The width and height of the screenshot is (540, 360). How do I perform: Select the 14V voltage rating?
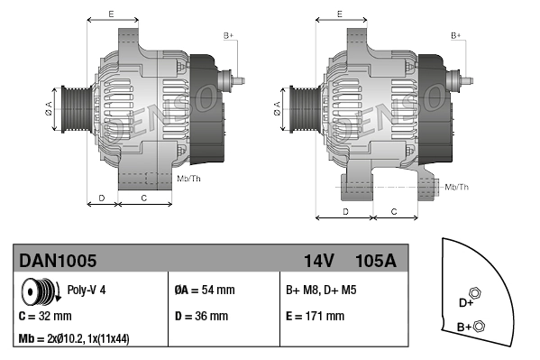click(318, 261)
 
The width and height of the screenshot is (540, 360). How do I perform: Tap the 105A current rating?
click(376, 261)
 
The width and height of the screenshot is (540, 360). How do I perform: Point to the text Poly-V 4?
click(87, 291)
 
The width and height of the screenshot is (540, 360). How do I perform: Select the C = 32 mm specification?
click(46, 317)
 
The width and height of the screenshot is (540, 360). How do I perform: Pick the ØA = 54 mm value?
click(204, 291)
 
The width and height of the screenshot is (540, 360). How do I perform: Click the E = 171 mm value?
click(315, 317)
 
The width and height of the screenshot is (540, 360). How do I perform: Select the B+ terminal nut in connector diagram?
click(479, 326)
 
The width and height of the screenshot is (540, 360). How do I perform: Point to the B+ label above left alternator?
click(228, 35)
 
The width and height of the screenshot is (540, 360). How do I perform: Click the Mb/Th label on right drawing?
click(457, 187)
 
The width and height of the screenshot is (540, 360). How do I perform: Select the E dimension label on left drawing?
click(111, 14)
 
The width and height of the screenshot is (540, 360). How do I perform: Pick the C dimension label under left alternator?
click(144, 196)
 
